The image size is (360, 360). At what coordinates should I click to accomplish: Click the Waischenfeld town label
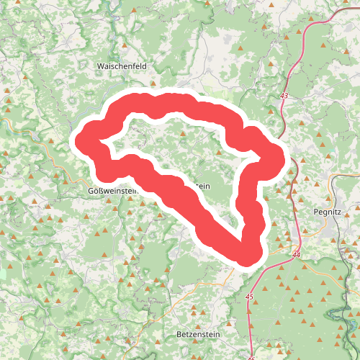(122, 66)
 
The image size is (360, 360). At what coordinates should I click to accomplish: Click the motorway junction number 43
(284, 96)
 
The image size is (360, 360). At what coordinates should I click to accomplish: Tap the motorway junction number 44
(297, 255)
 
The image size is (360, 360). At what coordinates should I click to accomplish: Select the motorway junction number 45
(250, 297)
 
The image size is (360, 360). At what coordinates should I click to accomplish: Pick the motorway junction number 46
(251, 357)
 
